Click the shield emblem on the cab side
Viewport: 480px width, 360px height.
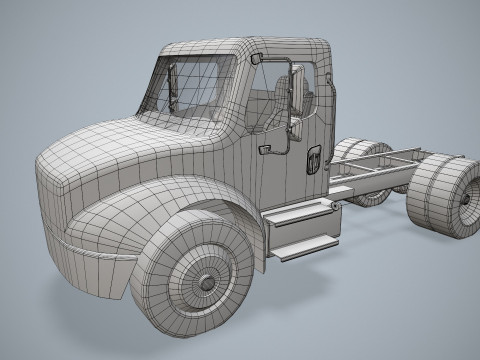(x=313, y=160)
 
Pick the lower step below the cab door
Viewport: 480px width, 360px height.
(x=304, y=244)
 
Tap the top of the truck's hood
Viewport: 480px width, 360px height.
(x=120, y=140)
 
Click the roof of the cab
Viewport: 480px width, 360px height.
(x=250, y=47)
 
